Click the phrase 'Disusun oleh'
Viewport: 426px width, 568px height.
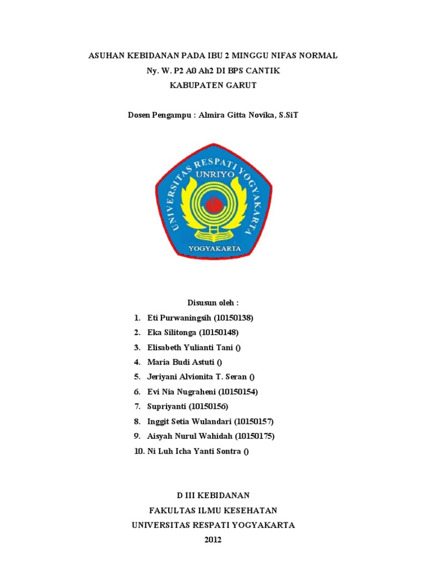[x=212, y=303]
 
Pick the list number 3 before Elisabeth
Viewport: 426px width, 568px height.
[x=136, y=347]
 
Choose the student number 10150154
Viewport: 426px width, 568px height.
[x=238, y=392]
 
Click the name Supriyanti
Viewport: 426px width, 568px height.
[x=167, y=407]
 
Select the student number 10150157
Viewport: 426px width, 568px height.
[x=254, y=422]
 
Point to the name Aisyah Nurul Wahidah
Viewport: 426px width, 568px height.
[x=190, y=436]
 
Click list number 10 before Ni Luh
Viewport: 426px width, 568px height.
[x=139, y=451]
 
